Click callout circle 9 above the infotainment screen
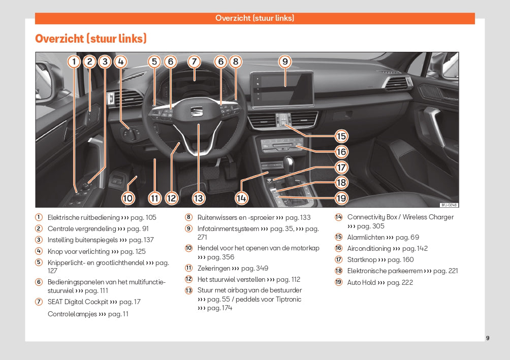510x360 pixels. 285,62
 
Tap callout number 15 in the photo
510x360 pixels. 341,136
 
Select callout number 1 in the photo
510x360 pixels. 74,62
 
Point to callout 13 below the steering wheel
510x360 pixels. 198,198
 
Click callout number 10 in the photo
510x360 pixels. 127,198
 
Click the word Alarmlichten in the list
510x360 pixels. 366,237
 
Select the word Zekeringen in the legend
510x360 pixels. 214,268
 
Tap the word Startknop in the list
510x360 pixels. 362,259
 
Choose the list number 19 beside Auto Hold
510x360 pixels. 338,282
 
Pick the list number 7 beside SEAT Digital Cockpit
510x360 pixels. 39,302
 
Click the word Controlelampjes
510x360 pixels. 72,314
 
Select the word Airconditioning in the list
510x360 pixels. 369,248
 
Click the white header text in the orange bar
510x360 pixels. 254,18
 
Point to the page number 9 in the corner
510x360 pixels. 488,338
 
